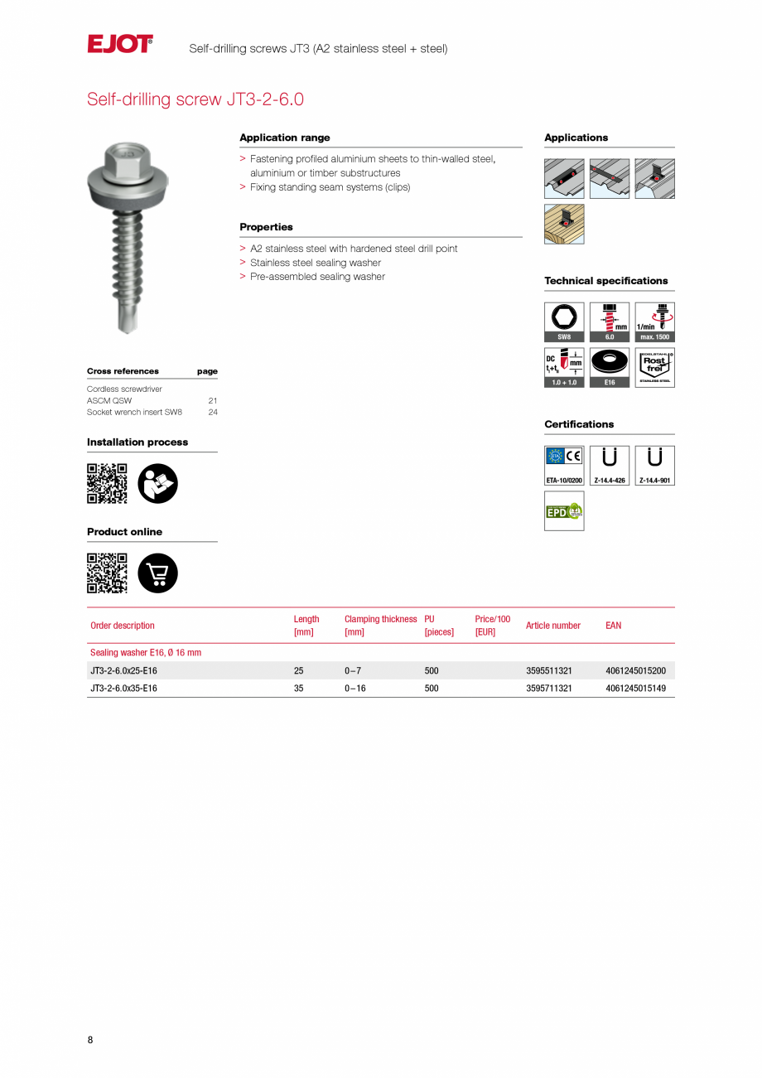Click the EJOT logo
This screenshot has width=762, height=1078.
120,44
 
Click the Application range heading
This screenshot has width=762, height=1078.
285,138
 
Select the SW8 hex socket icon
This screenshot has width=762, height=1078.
564,321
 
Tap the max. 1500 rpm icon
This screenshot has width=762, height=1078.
654,321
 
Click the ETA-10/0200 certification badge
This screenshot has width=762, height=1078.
564,466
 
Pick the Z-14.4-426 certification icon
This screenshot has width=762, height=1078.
610,466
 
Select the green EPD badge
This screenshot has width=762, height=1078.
564,511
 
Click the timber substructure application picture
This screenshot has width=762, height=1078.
564,224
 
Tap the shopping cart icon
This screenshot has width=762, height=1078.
157,573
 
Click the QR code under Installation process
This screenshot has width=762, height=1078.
107,484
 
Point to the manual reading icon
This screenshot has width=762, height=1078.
157,484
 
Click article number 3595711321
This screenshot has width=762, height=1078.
549,689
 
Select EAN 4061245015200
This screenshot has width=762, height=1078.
635,670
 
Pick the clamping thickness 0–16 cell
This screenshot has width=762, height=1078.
355,689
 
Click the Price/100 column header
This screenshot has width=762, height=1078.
493,626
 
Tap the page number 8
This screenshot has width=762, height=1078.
90,1040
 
